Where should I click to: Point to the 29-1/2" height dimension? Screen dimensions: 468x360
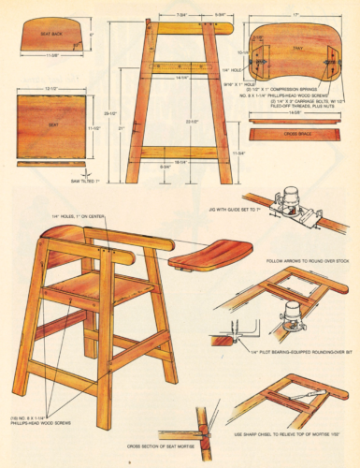[x=111, y=113]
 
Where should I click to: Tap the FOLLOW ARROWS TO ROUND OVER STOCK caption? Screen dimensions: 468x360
[x=303, y=261]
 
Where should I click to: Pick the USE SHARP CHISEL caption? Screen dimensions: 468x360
[x=291, y=434]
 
